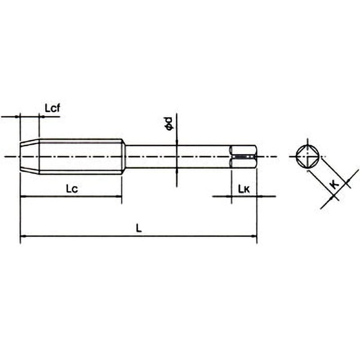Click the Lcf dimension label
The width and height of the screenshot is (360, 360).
52,108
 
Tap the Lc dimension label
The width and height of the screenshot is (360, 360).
72,189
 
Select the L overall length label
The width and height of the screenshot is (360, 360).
139,228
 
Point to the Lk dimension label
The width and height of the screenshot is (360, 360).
244,189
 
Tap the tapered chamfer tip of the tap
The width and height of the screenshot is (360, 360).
29,157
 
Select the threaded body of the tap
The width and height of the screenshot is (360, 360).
81,157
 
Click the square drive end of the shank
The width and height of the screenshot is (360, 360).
243,157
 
